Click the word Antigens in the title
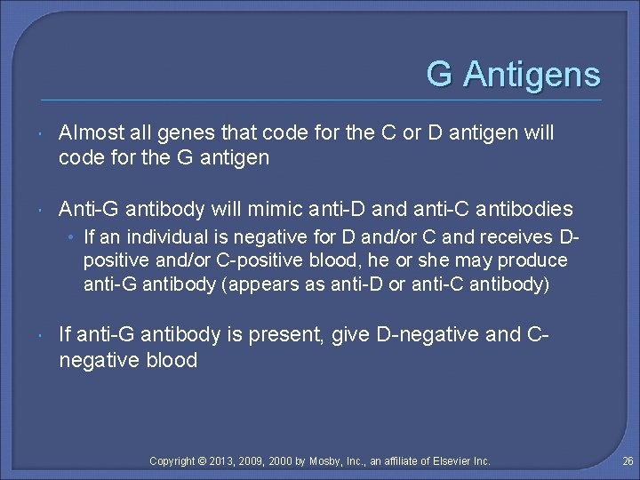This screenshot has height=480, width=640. (532, 75)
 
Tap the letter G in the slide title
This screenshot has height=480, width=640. (439, 74)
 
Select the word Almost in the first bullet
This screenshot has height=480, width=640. (89, 133)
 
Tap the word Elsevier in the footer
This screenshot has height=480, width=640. (452, 461)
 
